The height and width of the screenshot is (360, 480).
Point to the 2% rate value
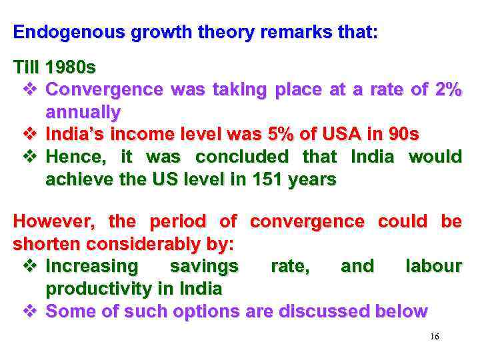click(x=446, y=89)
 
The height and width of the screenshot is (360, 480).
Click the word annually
click(x=83, y=111)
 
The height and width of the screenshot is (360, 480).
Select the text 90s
click(x=403, y=134)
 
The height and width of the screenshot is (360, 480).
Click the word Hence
click(x=74, y=157)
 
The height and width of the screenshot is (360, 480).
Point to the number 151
click(x=245, y=179)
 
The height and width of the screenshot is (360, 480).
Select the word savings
click(x=204, y=267)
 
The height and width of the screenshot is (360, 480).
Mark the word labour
click(x=433, y=267)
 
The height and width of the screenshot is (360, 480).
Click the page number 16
click(x=435, y=337)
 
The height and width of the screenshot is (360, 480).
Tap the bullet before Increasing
click(x=29, y=267)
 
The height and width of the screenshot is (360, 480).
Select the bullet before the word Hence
click(x=29, y=157)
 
